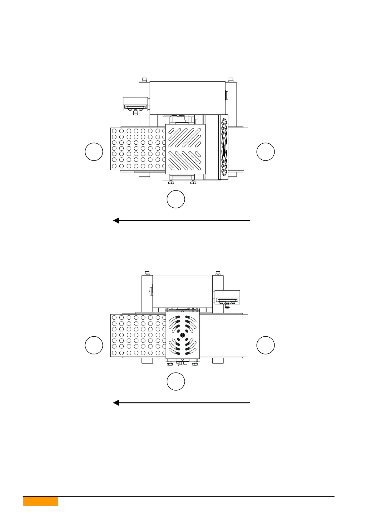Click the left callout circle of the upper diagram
(94, 152)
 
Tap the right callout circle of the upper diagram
(265, 152)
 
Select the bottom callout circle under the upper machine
(176, 199)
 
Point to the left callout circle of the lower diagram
(94, 345)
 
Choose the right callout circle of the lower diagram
(265, 345)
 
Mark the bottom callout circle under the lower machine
(176, 381)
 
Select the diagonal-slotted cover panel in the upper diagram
(185, 149)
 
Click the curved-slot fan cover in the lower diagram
(183, 335)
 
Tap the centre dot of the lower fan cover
(183, 335)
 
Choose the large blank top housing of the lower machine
(182, 291)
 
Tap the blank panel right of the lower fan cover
(224, 335)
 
